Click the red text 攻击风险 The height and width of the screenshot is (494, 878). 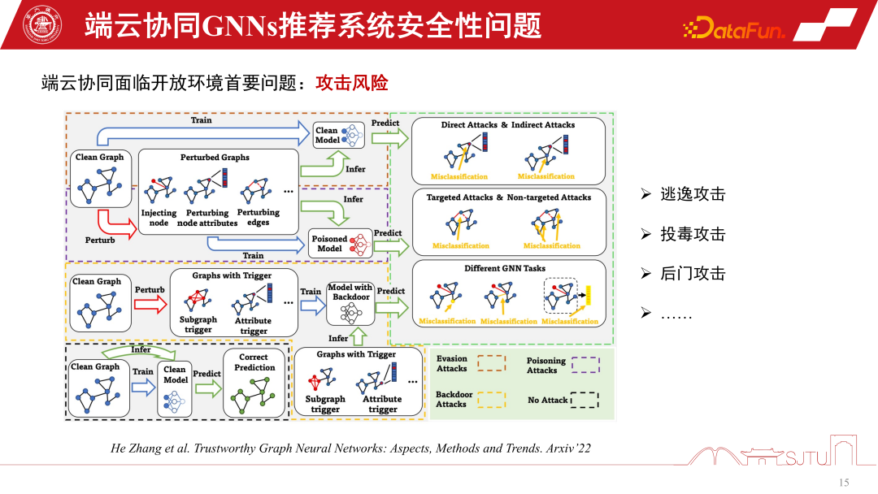coord(351,83)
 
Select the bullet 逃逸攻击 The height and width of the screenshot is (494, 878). coord(693,194)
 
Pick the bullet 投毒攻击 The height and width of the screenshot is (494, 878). coord(693,234)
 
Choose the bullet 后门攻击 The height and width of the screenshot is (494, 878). coord(693,274)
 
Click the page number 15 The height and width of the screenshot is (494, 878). coord(843,483)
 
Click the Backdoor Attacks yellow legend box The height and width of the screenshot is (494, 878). coord(490,398)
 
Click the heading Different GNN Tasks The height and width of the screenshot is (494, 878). coord(505,268)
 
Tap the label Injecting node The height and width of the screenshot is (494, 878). coord(159,218)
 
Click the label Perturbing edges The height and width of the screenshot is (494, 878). coord(258,217)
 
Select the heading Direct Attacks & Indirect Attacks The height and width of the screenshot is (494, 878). coord(508,125)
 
